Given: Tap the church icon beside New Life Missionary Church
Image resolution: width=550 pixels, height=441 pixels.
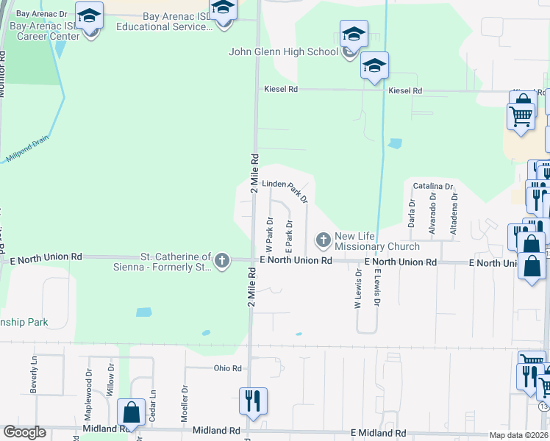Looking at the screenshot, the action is click(323, 240).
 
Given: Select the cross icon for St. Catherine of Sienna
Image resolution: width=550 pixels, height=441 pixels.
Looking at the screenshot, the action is click(222, 260).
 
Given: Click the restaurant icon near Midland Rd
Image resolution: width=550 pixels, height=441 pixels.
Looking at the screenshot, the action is click(251, 401).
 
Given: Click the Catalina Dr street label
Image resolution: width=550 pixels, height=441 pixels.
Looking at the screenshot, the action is click(432, 187).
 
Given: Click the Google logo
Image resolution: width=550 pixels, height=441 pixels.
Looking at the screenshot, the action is click(24, 432).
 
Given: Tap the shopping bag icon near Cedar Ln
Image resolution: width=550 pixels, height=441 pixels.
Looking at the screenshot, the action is click(132, 412).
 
